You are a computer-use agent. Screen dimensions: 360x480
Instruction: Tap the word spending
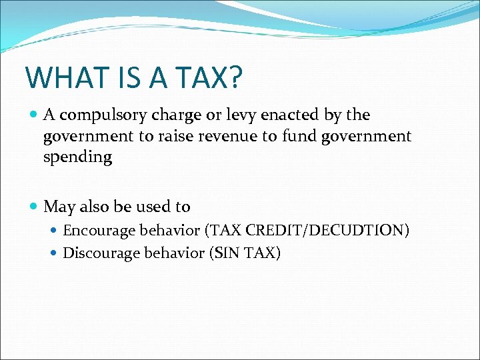click(x=78, y=158)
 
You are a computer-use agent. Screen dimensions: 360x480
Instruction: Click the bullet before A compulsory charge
click(x=34, y=115)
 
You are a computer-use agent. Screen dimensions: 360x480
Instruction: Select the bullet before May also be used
click(x=34, y=207)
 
